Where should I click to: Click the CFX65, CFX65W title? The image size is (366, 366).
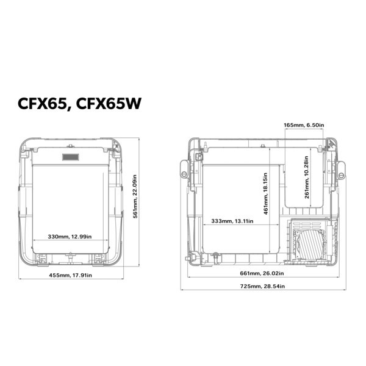[79, 104]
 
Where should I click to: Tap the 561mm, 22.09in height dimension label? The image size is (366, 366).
[135, 196]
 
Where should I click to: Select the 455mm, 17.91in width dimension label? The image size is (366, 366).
[71, 275]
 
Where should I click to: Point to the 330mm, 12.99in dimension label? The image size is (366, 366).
[70, 237]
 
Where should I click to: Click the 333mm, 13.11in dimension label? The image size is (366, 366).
[232, 221]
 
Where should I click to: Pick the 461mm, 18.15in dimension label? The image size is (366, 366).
[265, 193]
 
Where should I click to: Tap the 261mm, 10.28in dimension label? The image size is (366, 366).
[306, 177]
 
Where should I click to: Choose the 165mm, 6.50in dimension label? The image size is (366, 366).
[304, 125]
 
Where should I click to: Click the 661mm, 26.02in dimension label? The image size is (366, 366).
[262, 273]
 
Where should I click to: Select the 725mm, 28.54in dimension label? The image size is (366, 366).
[262, 286]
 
